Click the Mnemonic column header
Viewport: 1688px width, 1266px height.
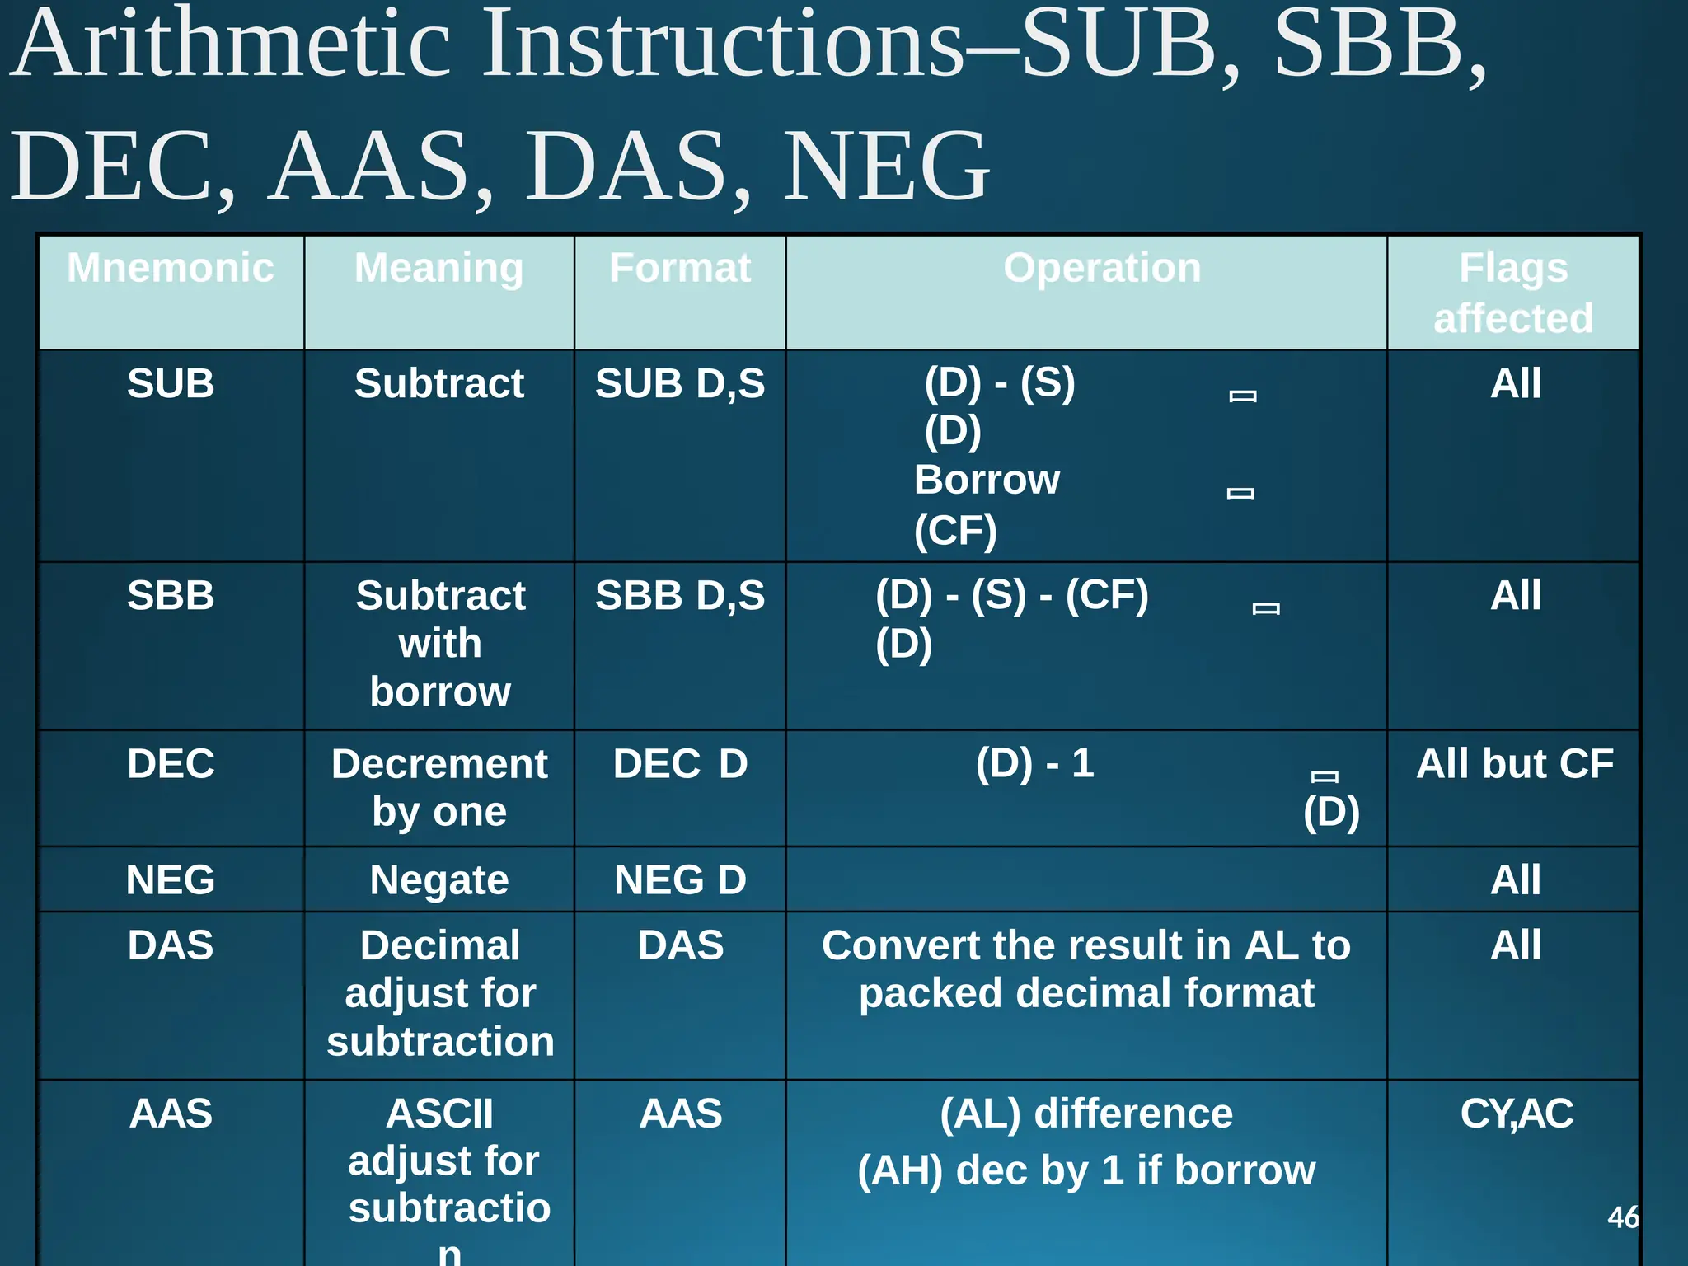(x=171, y=269)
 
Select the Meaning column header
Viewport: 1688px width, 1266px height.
(x=438, y=269)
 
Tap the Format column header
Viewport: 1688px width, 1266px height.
(x=680, y=269)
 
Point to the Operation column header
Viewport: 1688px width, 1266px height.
(x=1102, y=269)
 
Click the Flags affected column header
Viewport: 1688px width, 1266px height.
(x=1513, y=293)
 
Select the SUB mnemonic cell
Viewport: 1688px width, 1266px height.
(x=171, y=384)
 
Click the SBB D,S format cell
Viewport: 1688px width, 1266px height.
(x=680, y=596)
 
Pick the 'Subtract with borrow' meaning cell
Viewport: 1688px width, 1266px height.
(x=440, y=644)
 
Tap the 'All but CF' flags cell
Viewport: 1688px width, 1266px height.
(x=1515, y=764)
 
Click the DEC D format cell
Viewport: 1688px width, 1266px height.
(x=680, y=764)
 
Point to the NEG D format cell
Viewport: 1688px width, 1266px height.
(x=680, y=880)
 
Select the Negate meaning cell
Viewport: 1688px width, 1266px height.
(x=439, y=880)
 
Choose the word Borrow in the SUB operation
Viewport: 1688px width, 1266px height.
(x=987, y=480)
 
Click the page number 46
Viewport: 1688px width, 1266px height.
(x=1623, y=1217)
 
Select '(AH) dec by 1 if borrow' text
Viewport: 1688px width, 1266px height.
(x=1086, y=1170)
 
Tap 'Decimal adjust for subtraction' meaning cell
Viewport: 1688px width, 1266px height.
(x=440, y=993)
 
